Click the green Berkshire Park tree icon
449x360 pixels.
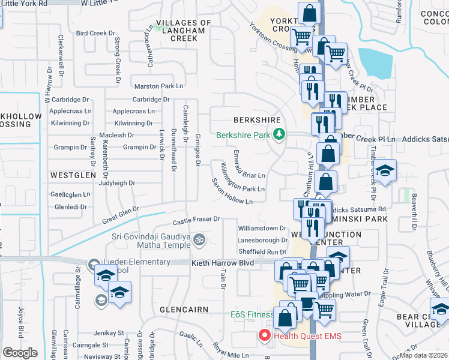[279, 135]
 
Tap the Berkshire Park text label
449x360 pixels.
[243, 135]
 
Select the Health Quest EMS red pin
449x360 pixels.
[263, 336]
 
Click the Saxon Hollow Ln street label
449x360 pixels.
[231, 191]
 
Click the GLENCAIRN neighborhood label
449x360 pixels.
[184, 310]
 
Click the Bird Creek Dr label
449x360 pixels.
[95, 34]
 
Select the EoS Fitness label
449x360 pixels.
[252, 314]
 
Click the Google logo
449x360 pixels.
[20, 353]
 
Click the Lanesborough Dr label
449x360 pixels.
[263, 241]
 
